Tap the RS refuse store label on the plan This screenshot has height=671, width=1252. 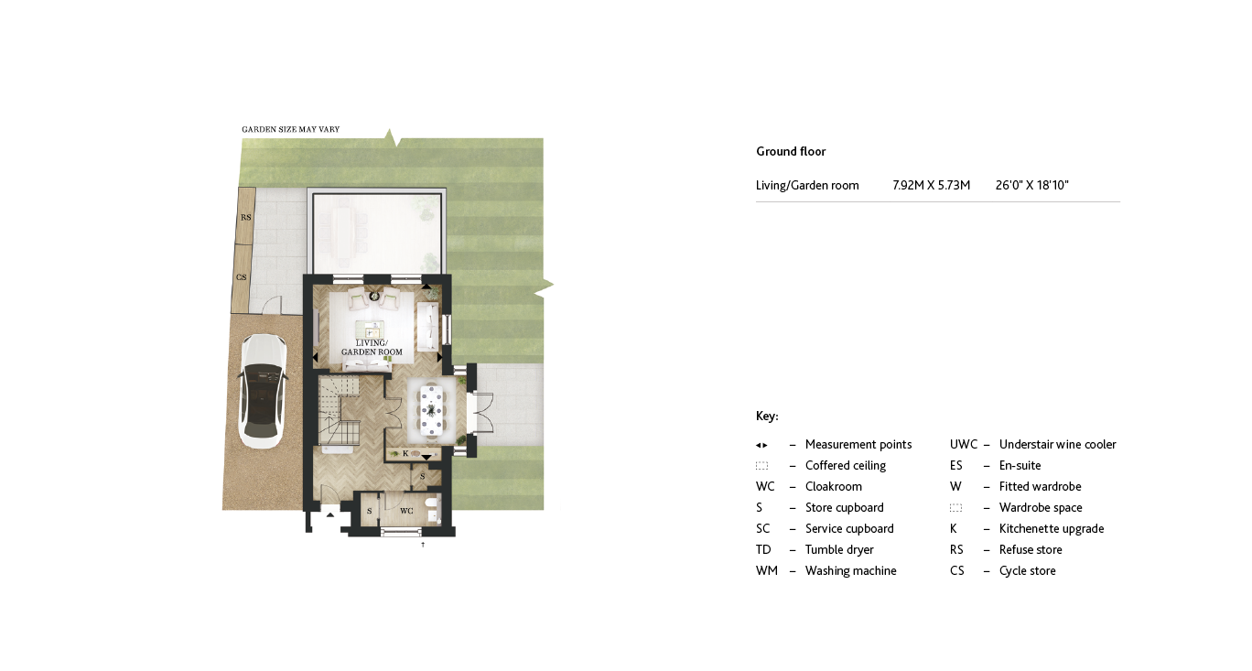[245, 218]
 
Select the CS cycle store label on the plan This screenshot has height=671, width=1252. [242, 277]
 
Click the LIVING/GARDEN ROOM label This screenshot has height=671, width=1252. [372, 348]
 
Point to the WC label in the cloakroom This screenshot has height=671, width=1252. [406, 511]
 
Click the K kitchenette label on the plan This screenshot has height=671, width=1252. [405, 453]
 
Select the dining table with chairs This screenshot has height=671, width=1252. [431, 407]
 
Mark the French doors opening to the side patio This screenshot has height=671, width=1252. [480, 413]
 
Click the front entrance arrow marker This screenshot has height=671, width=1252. [331, 516]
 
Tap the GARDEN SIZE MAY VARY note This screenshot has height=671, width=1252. [290, 130]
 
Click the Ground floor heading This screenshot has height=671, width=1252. [791, 152]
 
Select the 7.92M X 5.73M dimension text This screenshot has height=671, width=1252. [931, 186]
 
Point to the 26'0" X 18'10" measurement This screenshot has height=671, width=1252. [1031, 186]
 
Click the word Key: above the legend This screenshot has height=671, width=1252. [767, 417]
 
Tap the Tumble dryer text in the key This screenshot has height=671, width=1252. [839, 550]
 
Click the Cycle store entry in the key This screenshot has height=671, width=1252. [1027, 571]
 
